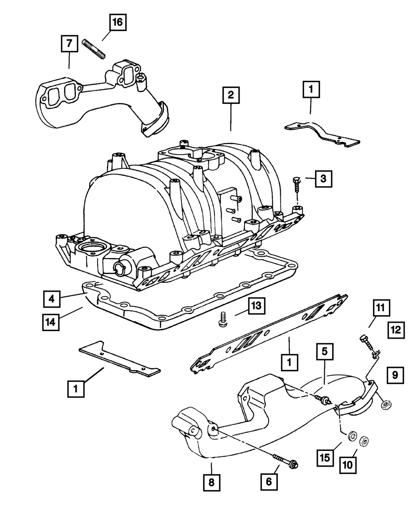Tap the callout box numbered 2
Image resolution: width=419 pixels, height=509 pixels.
point(231,96)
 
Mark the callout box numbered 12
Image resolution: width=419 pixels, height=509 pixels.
point(396,331)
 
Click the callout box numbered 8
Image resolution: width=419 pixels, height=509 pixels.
point(211,483)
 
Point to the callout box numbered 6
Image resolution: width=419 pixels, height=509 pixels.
point(269,482)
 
